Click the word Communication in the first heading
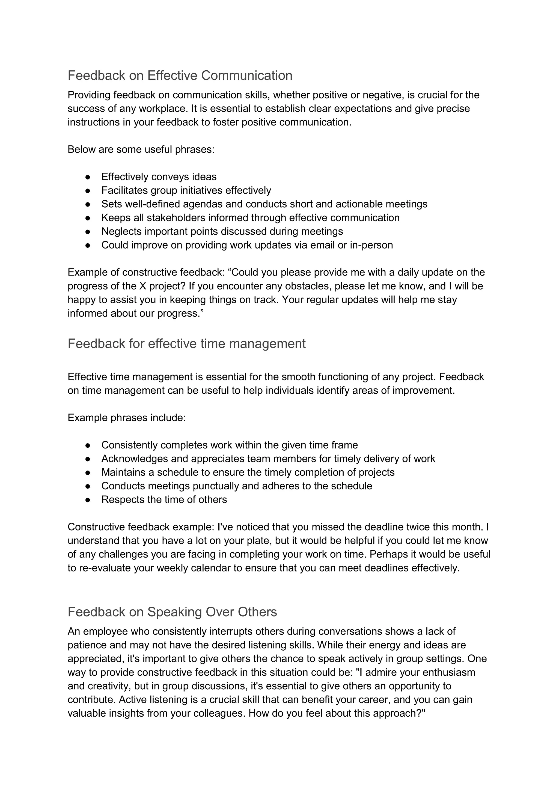click(246, 76)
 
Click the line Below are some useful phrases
click(141, 150)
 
